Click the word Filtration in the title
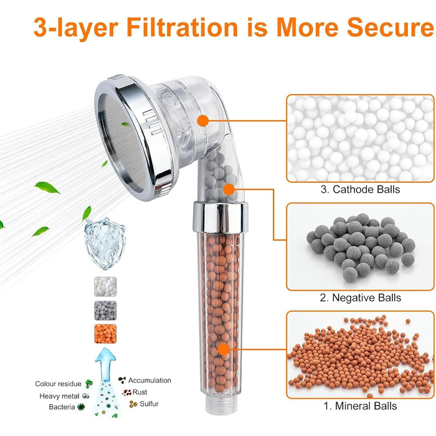coord(182,27)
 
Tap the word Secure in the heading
coord(390,27)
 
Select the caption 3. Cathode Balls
coord(360,189)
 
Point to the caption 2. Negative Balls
coord(361,298)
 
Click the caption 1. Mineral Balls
coord(361,406)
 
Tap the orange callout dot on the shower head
coord(203,121)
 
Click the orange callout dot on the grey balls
coord(229,189)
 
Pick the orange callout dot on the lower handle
coord(224,349)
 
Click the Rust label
coord(140,392)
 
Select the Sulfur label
coord(149,404)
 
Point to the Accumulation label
coord(149,381)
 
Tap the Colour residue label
coord(58,384)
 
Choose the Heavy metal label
coord(59,396)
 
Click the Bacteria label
coord(62,407)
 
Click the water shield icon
coord(105,244)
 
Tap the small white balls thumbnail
coord(105,287)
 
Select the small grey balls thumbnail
coord(105,310)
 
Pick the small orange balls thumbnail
coord(105,334)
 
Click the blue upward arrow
coord(105,364)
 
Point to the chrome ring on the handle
coord(220,217)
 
